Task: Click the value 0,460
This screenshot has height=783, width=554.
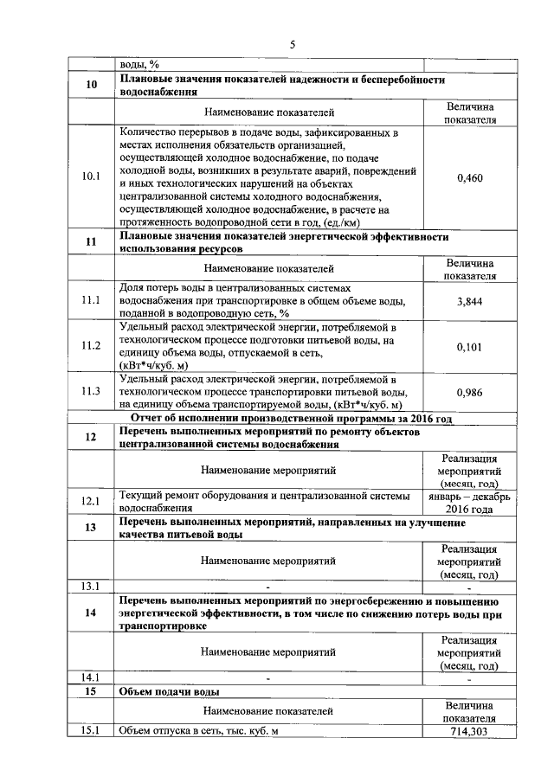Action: [469, 177]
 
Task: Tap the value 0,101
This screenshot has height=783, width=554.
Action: [469, 347]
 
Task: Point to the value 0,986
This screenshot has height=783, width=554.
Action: [469, 392]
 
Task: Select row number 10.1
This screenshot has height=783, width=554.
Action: [91, 177]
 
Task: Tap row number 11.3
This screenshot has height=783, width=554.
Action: [91, 392]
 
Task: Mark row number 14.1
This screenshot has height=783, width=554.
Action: [91, 677]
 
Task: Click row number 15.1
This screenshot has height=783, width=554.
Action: [91, 731]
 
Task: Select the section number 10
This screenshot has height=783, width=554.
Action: [91, 85]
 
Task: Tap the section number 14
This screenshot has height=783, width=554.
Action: [91, 613]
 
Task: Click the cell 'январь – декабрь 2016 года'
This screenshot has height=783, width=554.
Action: [469, 503]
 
